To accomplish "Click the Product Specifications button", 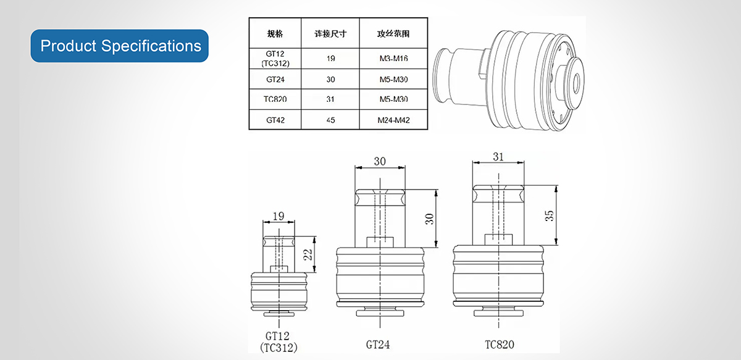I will click(120, 46).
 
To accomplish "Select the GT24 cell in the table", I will click(275, 80).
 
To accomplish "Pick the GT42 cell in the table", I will click(275, 120).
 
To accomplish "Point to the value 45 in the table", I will click(330, 120).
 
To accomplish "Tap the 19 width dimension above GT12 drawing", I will click(278, 216).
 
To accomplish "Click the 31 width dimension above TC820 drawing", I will click(498, 157).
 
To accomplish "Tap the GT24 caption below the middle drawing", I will click(379, 344).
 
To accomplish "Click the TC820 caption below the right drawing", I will click(498, 344).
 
